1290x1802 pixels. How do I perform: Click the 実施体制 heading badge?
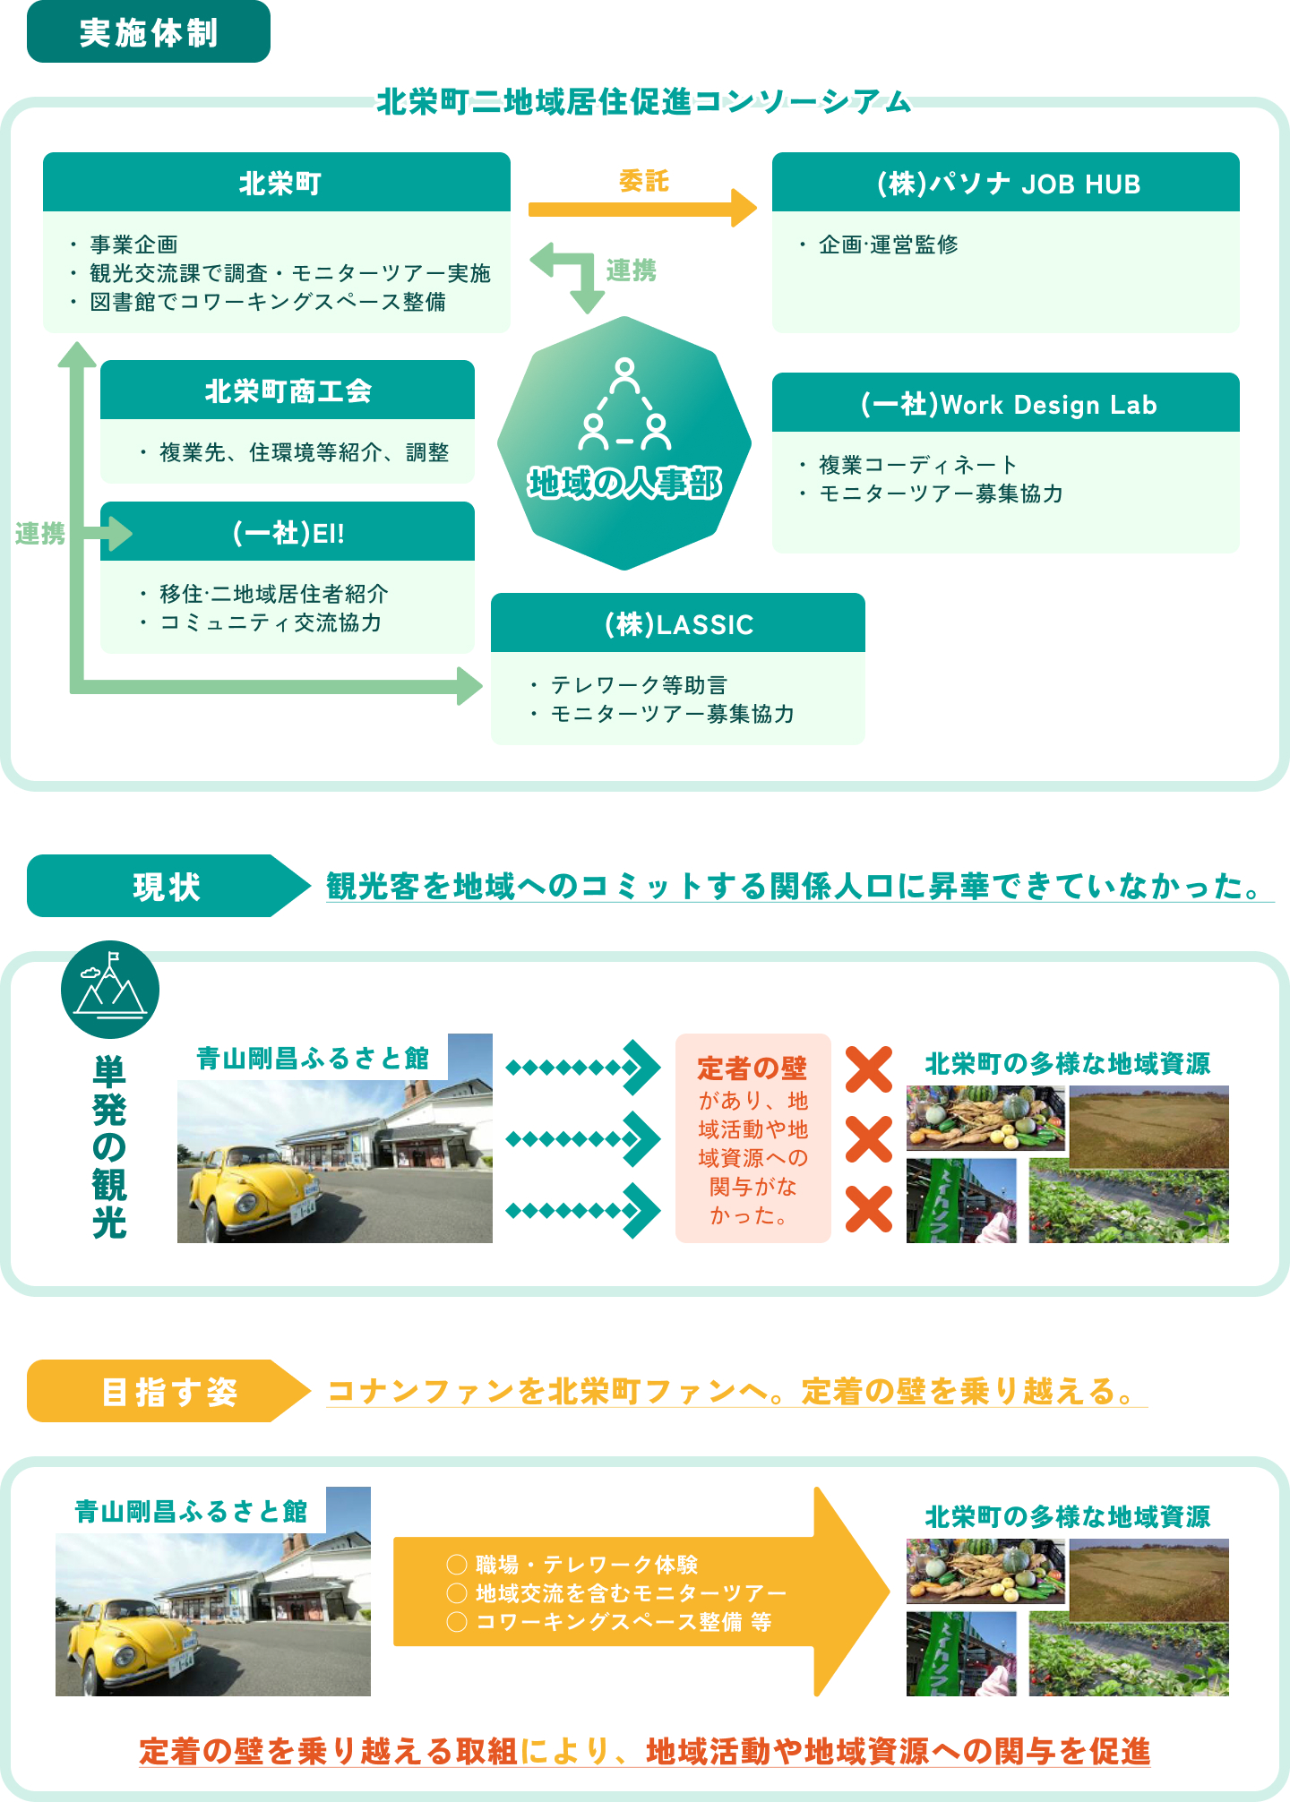[149, 32]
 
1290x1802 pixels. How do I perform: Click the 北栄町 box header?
[277, 182]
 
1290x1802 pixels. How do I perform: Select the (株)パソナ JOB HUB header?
[1006, 182]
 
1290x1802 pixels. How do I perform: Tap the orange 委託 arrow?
[642, 209]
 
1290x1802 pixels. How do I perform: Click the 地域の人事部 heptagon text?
[624, 484]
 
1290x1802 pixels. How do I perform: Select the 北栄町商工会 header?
[288, 390]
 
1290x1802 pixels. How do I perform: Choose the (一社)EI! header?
[288, 532]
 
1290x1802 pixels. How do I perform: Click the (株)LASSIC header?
[678, 623]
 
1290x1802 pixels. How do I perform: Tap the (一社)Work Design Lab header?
[1006, 403]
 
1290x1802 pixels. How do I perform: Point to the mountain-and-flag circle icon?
[110, 990]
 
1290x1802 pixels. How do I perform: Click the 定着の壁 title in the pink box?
[752, 1068]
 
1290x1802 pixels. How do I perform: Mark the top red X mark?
[869, 1069]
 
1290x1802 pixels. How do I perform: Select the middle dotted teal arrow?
[583, 1139]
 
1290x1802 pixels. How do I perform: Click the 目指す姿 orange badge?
[168, 1391]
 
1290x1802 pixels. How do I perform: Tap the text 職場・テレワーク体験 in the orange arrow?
[587, 1564]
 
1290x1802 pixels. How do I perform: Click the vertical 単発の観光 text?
[109, 1146]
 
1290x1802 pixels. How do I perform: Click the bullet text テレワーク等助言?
[639, 685]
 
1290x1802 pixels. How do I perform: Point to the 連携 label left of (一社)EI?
[39, 534]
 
